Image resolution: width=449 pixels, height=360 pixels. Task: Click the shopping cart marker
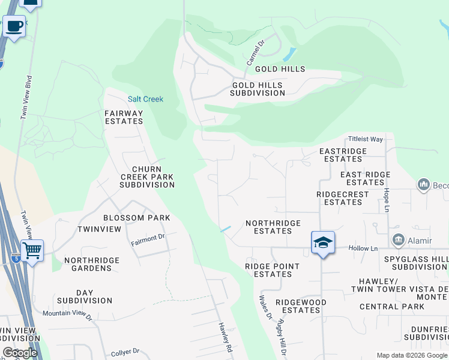(32, 250)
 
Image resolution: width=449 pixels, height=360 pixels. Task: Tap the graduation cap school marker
(323, 242)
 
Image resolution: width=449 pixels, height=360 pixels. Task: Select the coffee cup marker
(14, 26)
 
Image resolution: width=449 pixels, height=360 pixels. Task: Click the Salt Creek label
(145, 99)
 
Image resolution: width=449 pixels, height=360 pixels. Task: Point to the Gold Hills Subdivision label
(258, 89)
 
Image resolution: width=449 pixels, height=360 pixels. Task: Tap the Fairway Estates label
(124, 117)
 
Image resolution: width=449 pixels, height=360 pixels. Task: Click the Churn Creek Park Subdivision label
(147, 177)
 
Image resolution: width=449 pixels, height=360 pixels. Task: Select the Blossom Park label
(137, 218)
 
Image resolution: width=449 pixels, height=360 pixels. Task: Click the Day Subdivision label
(85, 296)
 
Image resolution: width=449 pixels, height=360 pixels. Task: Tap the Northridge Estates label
(273, 227)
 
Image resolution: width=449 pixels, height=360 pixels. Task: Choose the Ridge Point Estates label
(268, 270)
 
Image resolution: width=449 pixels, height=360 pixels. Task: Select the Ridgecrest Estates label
(340, 198)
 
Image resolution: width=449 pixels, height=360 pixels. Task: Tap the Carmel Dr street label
(255, 53)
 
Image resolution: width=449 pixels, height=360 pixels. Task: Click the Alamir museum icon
(398, 241)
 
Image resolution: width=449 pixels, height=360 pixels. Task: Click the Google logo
(19, 353)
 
